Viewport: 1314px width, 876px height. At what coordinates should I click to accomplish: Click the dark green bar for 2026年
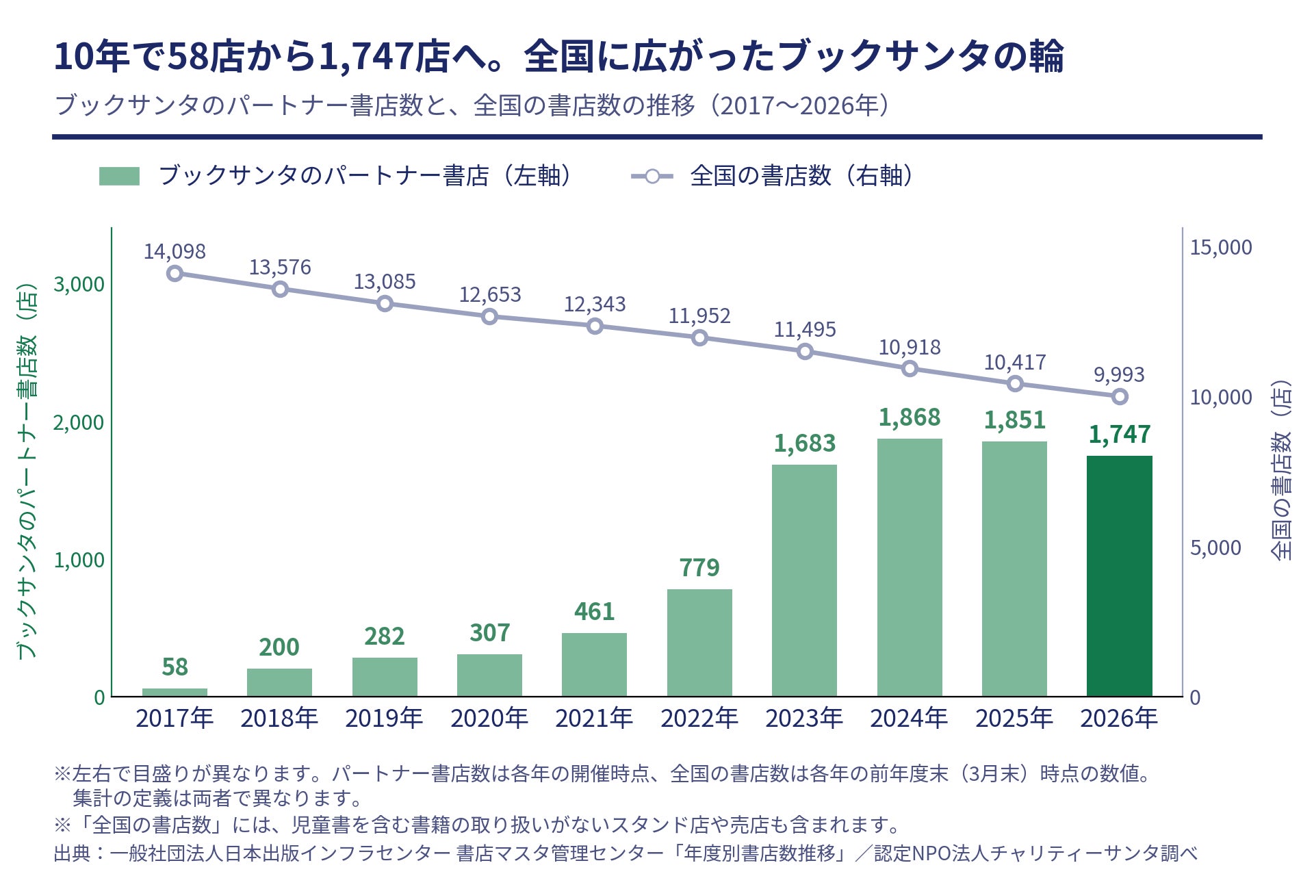[1119, 576]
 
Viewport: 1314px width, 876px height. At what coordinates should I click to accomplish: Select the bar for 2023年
[804, 580]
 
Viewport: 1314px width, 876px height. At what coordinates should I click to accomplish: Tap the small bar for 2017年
[175, 693]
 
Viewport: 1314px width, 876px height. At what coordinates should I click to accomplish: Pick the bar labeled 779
[699, 643]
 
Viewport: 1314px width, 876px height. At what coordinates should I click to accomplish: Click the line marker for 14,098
[175, 274]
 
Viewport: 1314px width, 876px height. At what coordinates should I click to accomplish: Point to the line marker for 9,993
[1120, 397]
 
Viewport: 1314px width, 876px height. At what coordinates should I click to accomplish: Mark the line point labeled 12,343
[595, 326]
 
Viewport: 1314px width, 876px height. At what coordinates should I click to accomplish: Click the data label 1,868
[910, 417]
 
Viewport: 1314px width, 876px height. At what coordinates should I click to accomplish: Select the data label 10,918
[910, 348]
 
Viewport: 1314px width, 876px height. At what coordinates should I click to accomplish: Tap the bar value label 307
[489, 633]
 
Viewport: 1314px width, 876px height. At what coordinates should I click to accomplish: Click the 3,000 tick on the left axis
[79, 285]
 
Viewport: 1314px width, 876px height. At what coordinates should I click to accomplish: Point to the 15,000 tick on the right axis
[1221, 248]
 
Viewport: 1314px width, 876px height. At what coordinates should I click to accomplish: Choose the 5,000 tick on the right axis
[1215, 548]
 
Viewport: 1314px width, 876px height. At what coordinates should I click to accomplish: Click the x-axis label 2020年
[489, 719]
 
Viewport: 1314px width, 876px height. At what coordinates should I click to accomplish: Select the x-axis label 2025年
[1014, 719]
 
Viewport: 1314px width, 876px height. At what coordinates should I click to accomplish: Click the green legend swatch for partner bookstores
[119, 176]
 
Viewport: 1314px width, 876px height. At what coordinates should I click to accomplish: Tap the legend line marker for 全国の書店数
[652, 177]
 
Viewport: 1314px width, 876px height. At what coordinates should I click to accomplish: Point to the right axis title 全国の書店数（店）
[1281, 471]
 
